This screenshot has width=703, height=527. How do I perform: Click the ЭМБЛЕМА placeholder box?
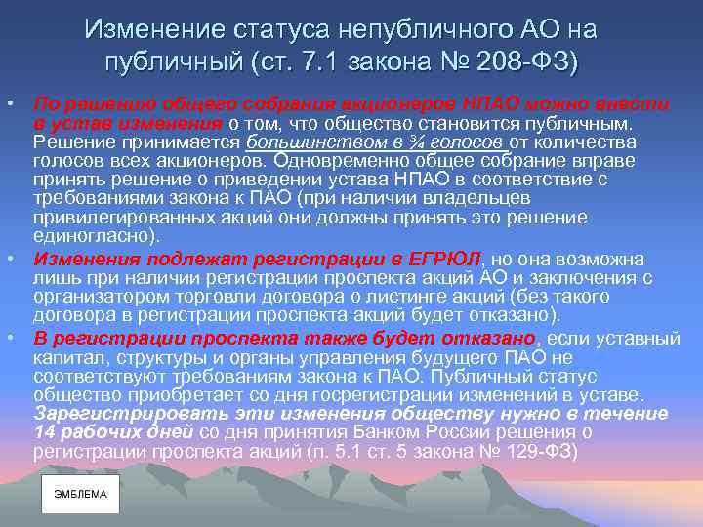[x=80, y=495]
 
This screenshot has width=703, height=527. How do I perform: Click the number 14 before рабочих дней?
[x=45, y=434]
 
